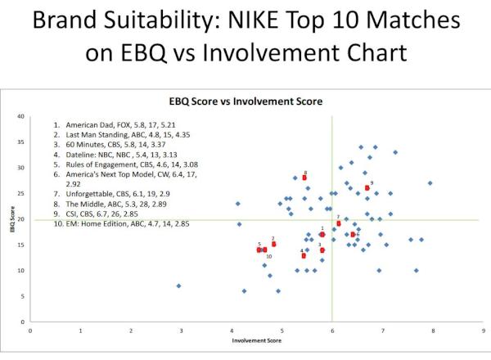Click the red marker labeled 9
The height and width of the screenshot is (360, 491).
click(367, 187)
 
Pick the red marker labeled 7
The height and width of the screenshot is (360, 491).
click(338, 223)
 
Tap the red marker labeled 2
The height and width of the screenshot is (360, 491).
click(273, 244)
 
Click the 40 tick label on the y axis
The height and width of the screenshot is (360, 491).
click(21, 117)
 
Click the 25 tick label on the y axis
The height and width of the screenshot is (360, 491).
click(21, 194)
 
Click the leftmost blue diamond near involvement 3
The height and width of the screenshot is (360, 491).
click(178, 286)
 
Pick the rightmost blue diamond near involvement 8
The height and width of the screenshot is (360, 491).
click(430, 183)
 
